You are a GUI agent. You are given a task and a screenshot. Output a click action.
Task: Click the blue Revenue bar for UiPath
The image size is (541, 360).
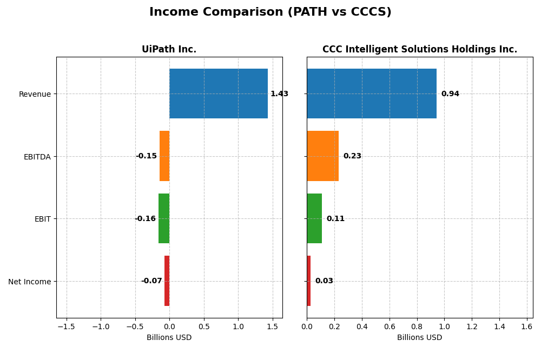pos(218,94)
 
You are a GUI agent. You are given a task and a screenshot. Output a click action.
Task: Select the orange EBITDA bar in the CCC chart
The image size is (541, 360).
pos(322,156)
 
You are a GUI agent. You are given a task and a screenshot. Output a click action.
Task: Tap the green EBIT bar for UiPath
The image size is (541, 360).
pos(164,218)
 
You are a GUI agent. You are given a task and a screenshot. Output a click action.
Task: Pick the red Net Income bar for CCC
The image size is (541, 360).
pos(308,281)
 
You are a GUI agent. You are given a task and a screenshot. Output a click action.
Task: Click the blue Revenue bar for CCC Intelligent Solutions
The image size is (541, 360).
pos(372,94)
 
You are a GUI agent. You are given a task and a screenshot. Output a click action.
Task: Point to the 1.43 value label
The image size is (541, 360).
pos(279,94)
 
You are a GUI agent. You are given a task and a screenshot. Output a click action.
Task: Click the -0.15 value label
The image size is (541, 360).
pos(146,156)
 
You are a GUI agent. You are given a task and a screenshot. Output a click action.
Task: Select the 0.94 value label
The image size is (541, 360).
pos(450,94)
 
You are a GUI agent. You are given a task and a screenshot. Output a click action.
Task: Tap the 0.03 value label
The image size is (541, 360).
pos(324,281)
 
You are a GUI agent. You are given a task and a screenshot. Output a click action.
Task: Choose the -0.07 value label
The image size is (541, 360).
pos(151,281)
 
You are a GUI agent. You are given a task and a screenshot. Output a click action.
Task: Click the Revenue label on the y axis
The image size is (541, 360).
pos(35,94)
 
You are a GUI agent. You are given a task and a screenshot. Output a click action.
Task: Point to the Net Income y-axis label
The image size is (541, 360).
pos(30,282)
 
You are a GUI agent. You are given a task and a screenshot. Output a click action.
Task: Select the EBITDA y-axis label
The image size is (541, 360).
pos(37,157)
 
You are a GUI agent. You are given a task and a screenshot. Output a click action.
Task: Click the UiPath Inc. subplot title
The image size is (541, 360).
pos(169,50)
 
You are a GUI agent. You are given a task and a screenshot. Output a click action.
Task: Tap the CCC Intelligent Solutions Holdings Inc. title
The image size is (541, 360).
pos(420,50)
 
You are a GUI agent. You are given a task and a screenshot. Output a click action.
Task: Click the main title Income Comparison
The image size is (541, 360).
pos(270,12)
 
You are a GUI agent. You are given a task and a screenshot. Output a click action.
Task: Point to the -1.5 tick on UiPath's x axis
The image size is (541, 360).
pos(66,326)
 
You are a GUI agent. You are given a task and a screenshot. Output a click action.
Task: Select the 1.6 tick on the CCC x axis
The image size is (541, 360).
pos(527,326)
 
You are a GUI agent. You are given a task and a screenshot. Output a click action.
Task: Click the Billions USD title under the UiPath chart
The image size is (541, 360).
pos(169,338)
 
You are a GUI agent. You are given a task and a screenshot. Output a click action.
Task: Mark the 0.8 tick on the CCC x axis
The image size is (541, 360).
pos(417,326)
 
